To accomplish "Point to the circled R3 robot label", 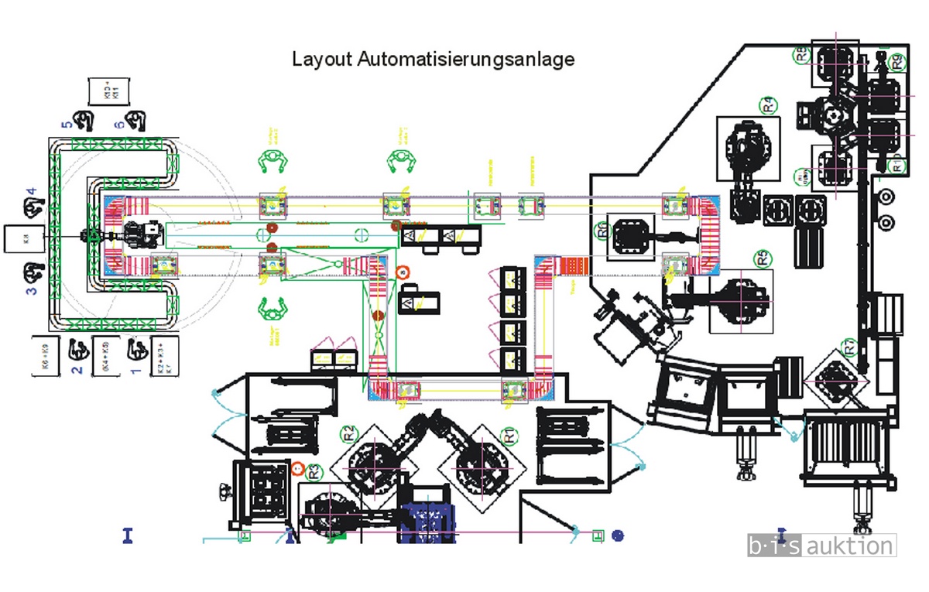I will point(314,470).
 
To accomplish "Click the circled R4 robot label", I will point(770,104).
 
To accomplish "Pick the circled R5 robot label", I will point(764,258).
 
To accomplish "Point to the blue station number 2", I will point(77,369).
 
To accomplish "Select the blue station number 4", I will point(32,192).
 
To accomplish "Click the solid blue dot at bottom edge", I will point(617,534).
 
